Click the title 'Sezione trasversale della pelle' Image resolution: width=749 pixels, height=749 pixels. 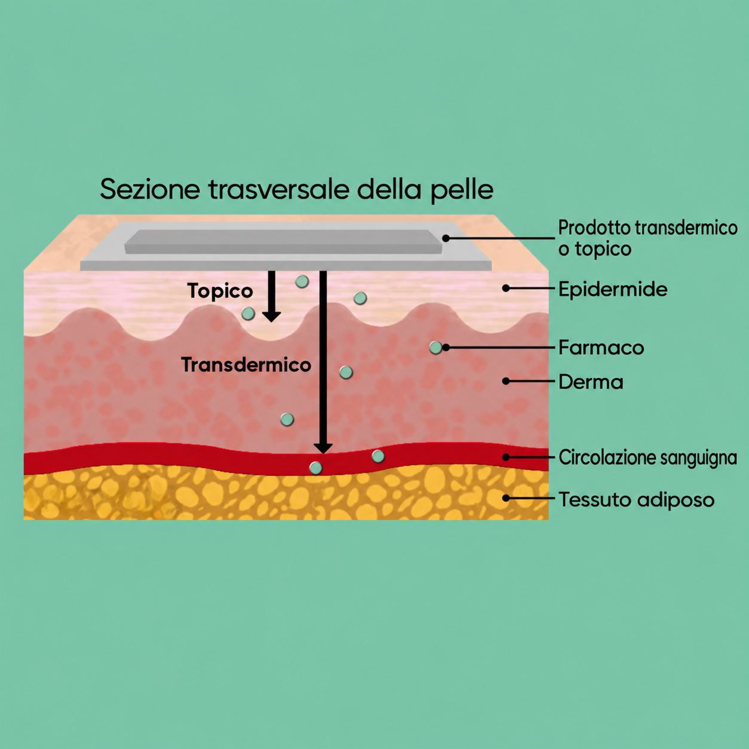click(x=297, y=190)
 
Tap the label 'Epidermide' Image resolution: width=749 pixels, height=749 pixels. click(x=613, y=290)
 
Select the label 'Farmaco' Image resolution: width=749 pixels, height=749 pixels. click(x=601, y=348)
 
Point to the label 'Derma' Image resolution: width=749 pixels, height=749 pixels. click(x=591, y=382)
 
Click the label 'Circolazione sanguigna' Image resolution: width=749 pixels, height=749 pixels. click(x=648, y=458)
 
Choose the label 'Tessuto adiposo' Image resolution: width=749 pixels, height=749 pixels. click(x=637, y=499)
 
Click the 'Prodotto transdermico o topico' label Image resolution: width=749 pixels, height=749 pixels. click(x=648, y=238)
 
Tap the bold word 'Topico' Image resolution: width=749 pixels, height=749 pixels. click(x=220, y=291)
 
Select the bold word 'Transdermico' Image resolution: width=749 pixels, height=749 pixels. click(x=246, y=364)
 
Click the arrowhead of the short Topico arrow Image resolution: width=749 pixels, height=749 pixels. click(x=271, y=317)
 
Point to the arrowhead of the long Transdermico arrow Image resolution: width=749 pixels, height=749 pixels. click(x=323, y=449)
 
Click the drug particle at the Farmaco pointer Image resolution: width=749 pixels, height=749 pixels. click(x=435, y=348)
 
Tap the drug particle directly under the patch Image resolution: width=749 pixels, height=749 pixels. click(x=302, y=281)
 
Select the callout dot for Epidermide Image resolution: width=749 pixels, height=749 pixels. click(x=506, y=288)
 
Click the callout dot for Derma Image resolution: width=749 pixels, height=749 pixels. click(x=506, y=381)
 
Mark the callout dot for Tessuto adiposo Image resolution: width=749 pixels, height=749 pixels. click(x=506, y=498)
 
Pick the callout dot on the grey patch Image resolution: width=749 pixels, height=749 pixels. click(x=446, y=238)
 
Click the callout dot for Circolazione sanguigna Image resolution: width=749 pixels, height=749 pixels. click(x=506, y=457)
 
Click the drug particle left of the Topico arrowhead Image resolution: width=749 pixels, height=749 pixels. click(x=248, y=314)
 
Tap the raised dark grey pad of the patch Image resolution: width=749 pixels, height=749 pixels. click(x=284, y=241)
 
